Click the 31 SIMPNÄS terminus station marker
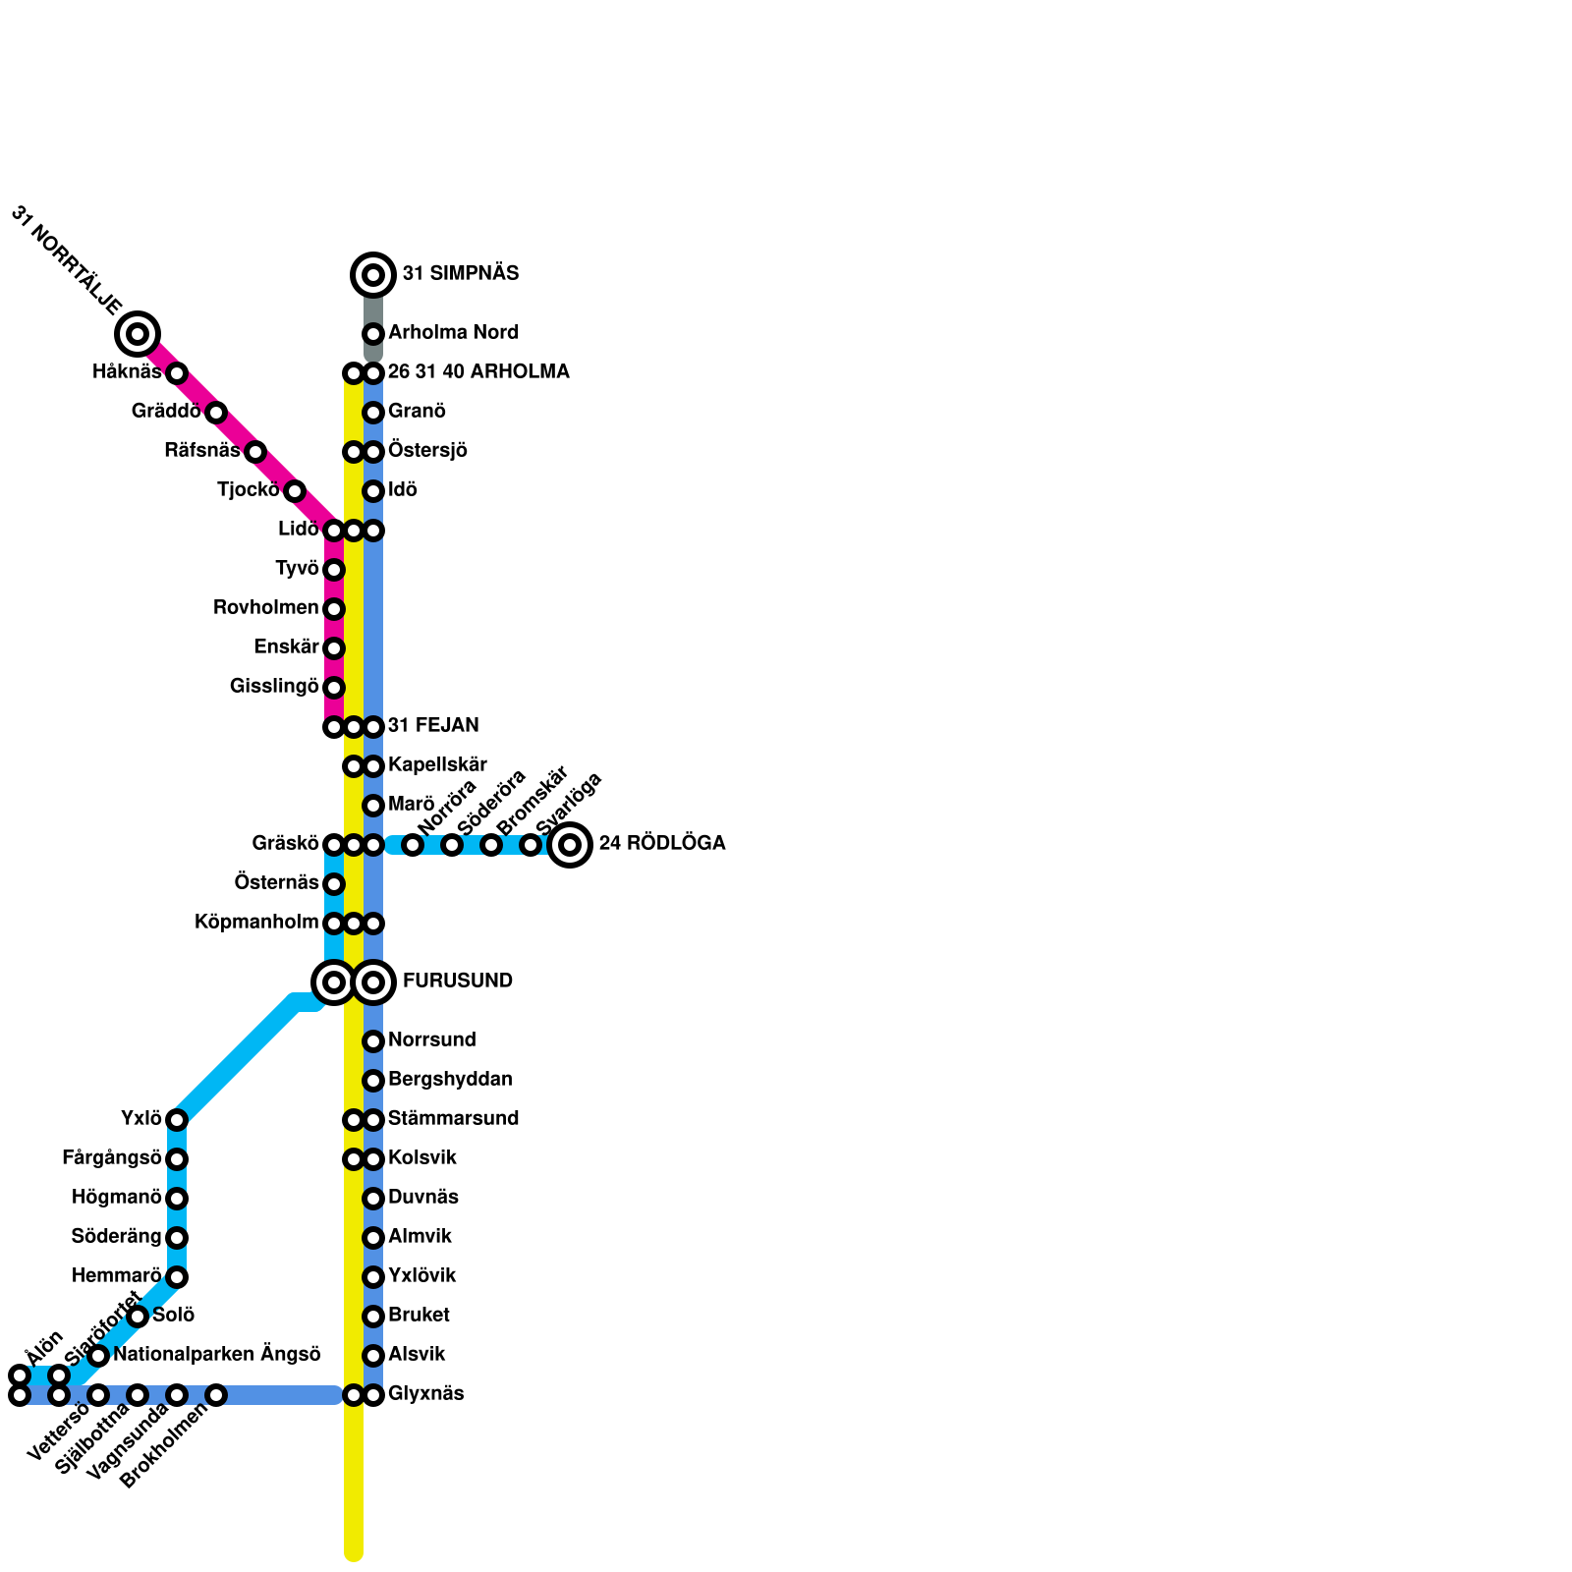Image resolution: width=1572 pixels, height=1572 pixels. pos(373,275)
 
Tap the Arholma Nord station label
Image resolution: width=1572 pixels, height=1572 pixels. pos(453,333)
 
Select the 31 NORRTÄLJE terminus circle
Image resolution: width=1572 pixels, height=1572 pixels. pos(138,334)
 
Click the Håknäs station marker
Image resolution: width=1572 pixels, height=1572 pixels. pos(177,373)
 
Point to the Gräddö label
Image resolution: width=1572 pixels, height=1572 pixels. pos(166,412)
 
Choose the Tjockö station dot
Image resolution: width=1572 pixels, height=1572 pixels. pos(295,491)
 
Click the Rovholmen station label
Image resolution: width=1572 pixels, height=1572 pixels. pos(265,608)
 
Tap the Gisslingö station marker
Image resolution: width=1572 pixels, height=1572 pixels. pos(334,688)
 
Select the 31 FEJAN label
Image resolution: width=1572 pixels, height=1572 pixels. pos(433,726)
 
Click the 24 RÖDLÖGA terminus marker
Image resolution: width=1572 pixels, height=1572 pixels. pos(570,845)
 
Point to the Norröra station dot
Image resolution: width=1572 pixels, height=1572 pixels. pos(413,845)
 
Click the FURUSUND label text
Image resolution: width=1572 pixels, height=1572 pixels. pos(457,982)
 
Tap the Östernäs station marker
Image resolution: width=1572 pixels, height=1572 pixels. pos(334,884)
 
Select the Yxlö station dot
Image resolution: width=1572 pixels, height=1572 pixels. pos(177,1120)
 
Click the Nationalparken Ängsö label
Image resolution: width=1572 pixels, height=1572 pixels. pos(217,1355)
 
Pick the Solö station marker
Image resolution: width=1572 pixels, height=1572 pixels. pos(138,1317)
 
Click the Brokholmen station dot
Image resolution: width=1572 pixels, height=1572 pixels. pos(216,1395)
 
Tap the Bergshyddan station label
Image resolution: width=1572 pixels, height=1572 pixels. pos(450,1080)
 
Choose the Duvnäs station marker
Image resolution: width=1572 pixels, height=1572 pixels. pos(373,1199)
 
